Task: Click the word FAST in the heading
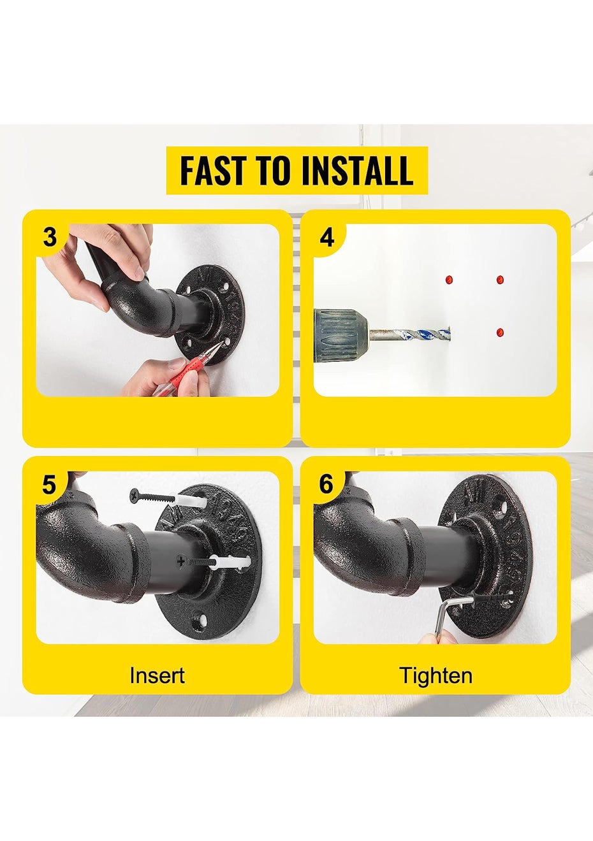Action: point(213,171)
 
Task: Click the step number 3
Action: point(50,237)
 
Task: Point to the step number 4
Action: point(326,237)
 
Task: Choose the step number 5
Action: point(49,484)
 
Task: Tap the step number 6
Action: point(326,484)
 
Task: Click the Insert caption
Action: point(157,675)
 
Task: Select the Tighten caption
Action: point(436,675)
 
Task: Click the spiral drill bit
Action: point(409,334)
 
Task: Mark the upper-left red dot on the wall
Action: point(449,280)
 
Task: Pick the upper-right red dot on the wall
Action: point(500,280)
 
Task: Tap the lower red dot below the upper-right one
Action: point(500,333)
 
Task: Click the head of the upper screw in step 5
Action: point(134,496)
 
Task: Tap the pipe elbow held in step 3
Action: point(139,305)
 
